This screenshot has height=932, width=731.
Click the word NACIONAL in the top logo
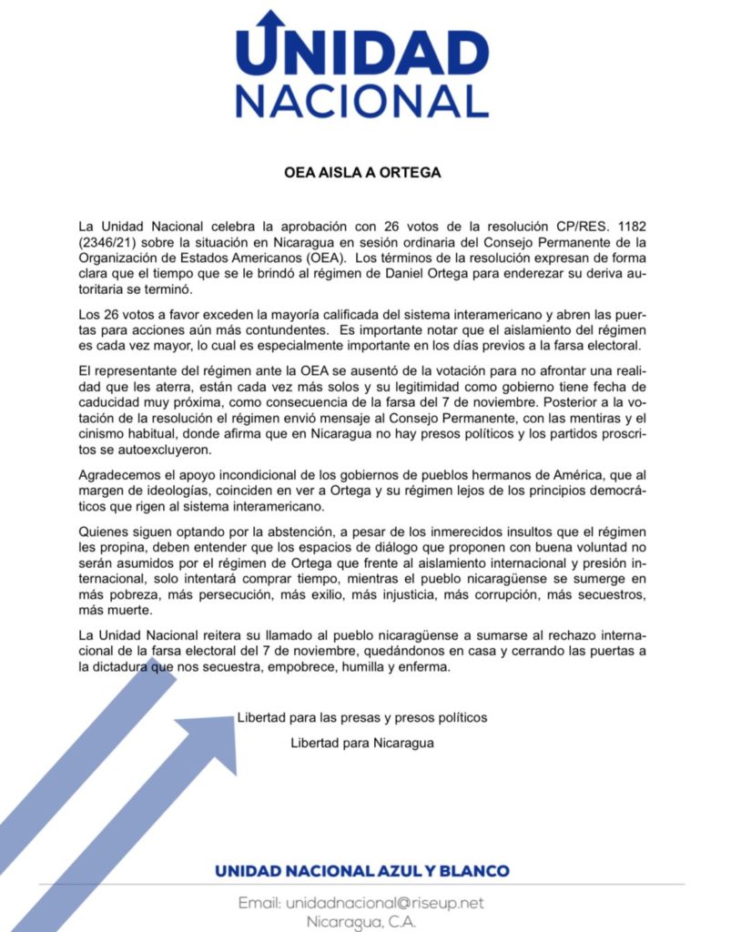361,99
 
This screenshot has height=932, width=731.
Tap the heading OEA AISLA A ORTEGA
363,173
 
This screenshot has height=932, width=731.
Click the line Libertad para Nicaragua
361,742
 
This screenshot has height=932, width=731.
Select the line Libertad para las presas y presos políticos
361,717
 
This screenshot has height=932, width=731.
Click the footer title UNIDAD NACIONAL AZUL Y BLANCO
361,871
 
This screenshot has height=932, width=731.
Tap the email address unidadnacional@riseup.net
384,903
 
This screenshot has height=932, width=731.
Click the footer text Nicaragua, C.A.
361,921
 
